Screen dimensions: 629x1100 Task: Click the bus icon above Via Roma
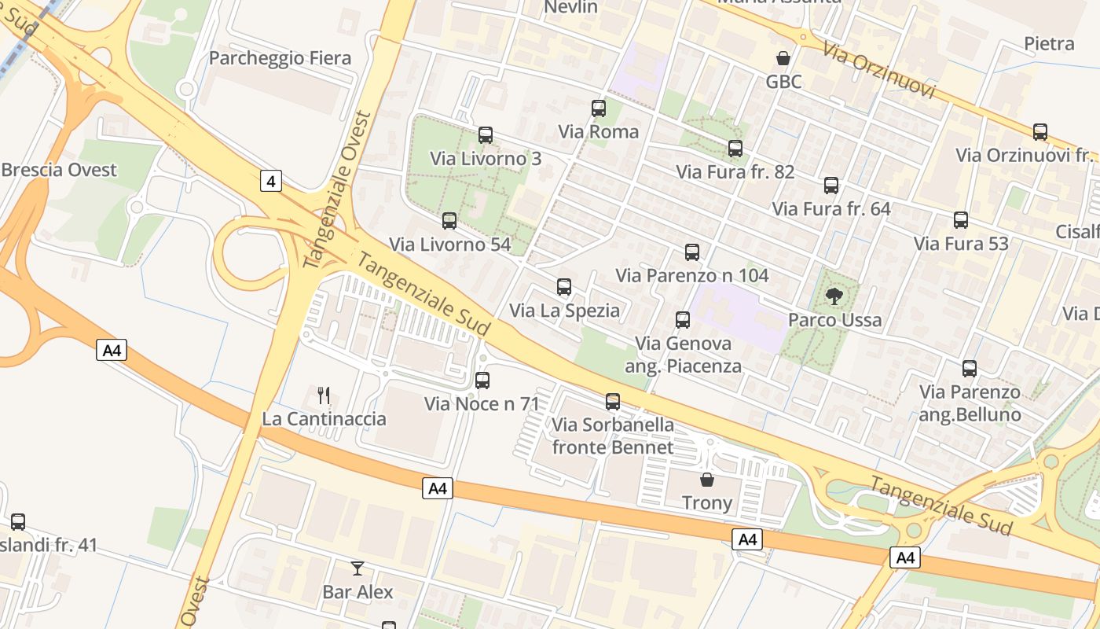pyautogui.click(x=599, y=109)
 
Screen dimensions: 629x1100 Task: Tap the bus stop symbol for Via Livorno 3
pyautogui.click(x=486, y=135)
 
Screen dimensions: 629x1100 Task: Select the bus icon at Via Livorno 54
pyautogui.click(x=449, y=221)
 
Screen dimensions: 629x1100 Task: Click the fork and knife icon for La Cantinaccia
pyautogui.click(x=324, y=395)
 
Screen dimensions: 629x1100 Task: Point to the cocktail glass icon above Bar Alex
pyautogui.click(x=357, y=568)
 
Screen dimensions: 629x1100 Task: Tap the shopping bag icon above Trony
pyautogui.click(x=707, y=479)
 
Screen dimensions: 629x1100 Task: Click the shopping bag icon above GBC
pyautogui.click(x=783, y=58)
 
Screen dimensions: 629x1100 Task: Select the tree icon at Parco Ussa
pyautogui.click(x=834, y=296)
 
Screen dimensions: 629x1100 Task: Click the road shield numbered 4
pyautogui.click(x=271, y=182)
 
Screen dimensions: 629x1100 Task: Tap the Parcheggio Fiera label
pyautogui.click(x=280, y=58)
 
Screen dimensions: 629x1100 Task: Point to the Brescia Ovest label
pyautogui.click(x=59, y=170)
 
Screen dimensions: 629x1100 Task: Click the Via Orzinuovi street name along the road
pyautogui.click(x=878, y=71)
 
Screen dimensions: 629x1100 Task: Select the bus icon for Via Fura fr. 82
pyautogui.click(x=735, y=148)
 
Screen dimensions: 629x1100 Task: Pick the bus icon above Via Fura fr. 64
pyautogui.click(x=831, y=186)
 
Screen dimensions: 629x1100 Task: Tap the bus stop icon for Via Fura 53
pyautogui.click(x=961, y=220)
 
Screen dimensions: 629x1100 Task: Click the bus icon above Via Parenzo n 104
pyautogui.click(x=692, y=252)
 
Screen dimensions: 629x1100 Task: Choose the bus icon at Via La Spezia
pyautogui.click(x=564, y=287)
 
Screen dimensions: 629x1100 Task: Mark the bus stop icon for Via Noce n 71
pyautogui.click(x=482, y=381)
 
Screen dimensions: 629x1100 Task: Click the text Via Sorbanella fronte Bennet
pyautogui.click(x=613, y=436)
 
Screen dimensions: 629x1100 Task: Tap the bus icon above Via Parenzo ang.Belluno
pyautogui.click(x=970, y=368)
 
